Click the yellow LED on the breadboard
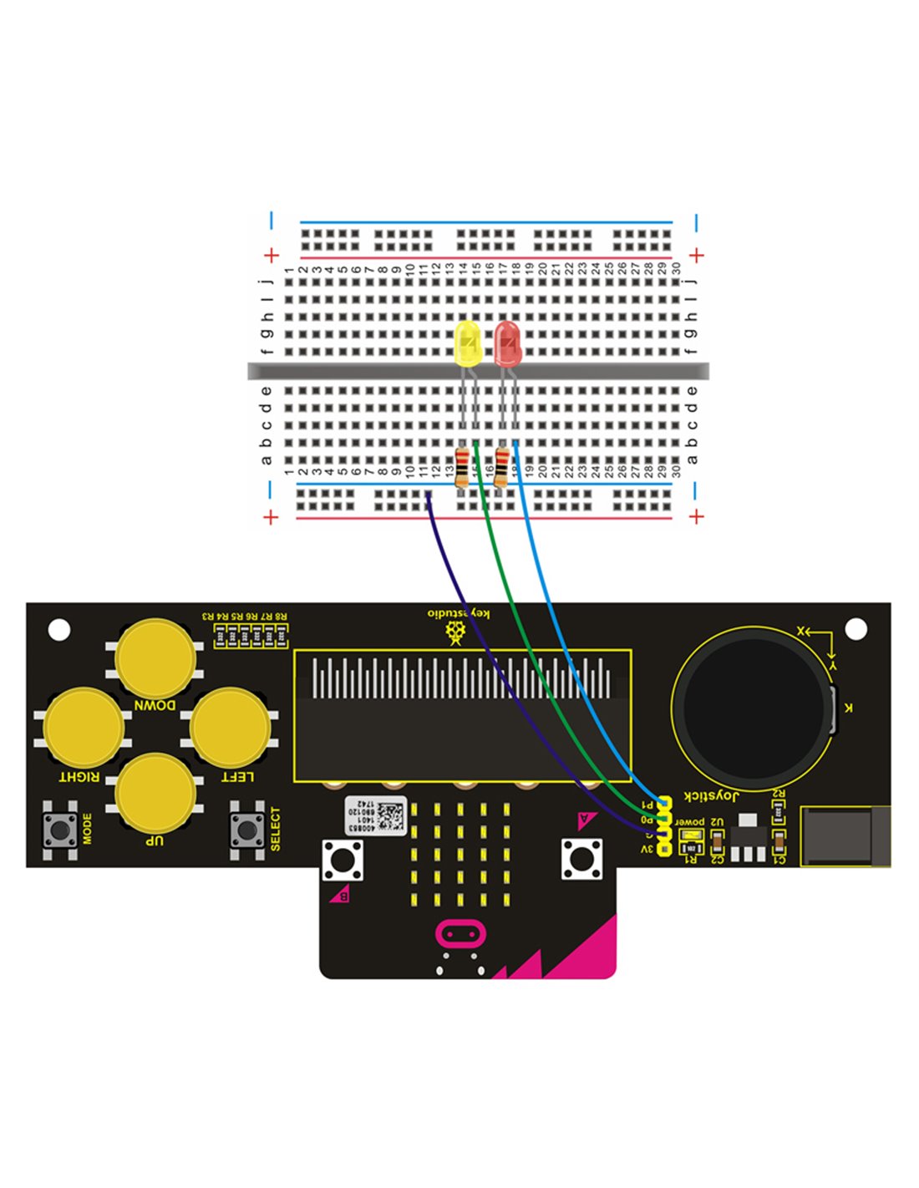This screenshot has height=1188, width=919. (468, 343)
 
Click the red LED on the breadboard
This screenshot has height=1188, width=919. (507, 343)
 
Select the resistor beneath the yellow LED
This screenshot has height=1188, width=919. (461, 467)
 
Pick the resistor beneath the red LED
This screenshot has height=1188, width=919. (501, 467)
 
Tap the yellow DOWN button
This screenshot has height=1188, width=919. (155, 659)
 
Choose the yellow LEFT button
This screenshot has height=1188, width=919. (230, 728)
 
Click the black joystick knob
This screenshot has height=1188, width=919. (752, 707)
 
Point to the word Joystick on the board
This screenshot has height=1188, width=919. (711, 795)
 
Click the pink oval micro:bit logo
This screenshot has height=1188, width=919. (459, 933)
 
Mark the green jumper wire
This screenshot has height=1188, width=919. (535, 660)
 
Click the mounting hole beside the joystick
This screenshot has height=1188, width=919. (856, 628)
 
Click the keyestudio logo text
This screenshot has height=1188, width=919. (459, 614)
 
